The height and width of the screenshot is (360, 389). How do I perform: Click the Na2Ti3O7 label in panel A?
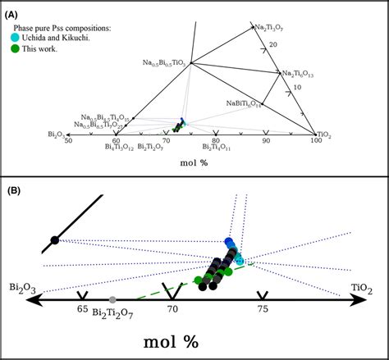tap(271, 27)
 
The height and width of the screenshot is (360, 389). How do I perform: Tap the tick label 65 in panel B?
tap(82, 310)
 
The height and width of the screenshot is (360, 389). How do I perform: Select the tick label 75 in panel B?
tap(262, 310)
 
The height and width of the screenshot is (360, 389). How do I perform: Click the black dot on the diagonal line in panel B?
tap(55, 239)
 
